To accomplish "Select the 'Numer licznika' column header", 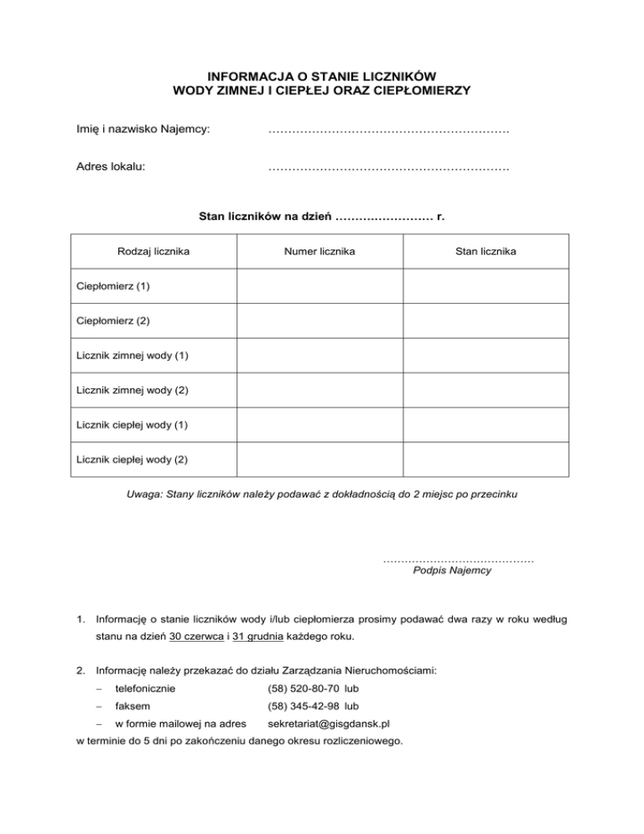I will tap(319, 251).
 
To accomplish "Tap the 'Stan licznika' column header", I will tap(486, 251).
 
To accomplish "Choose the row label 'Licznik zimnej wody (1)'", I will tap(132, 356).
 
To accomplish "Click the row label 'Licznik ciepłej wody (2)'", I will tap(132, 460).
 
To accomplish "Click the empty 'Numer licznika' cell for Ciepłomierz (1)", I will tap(319, 286).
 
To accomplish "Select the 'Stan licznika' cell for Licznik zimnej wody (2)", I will tap(486, 390).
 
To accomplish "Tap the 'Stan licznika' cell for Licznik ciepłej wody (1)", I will tap(486, 425).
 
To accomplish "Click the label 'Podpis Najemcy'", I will tap(453, 571).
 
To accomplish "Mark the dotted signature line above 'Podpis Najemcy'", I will tap(458, 558).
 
